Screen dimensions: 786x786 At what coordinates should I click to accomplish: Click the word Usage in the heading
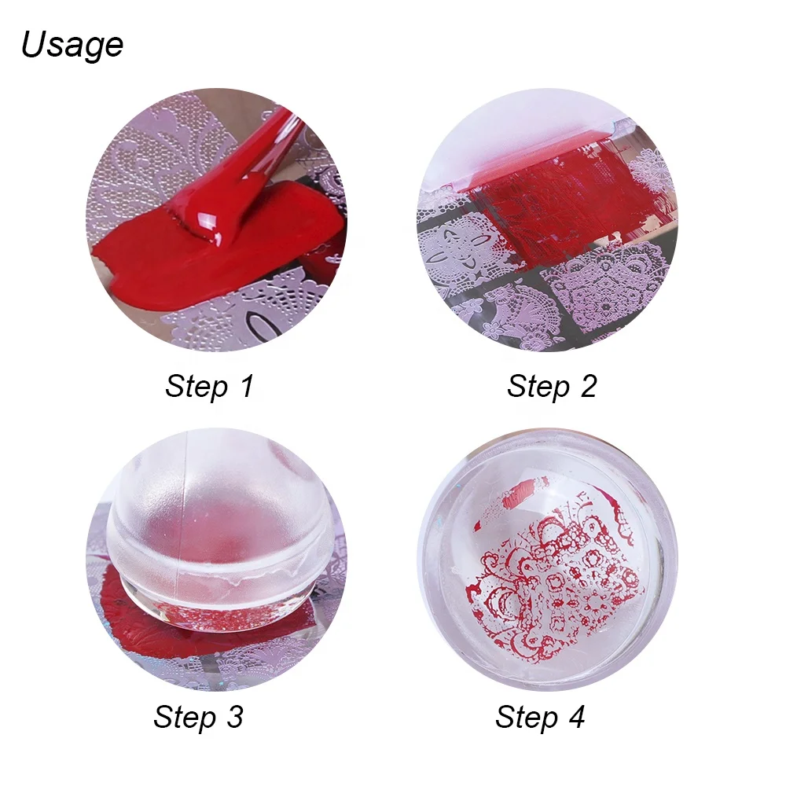point(72,45)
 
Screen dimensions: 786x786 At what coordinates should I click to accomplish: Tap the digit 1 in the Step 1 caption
point(246,387)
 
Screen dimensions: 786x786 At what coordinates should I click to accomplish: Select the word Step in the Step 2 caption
point(538,387)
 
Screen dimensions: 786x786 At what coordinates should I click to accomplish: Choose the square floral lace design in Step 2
point(605,291)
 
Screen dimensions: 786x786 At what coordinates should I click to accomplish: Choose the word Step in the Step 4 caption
point(525,717)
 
